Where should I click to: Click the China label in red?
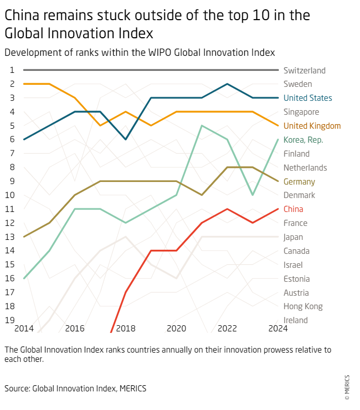point(293,209)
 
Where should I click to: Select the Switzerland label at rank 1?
point(304,70)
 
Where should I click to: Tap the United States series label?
point(308,98)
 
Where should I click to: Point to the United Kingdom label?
point(312,126)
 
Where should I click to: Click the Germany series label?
point(299,181)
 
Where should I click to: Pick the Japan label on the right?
point(293,237)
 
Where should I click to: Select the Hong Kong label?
point(303,306)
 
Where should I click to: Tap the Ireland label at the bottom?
point(295,320)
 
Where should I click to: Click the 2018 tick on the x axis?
point(126,328)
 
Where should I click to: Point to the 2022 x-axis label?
point(227,328)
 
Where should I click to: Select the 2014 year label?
point(24,328)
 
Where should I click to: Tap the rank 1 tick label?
point(12,70)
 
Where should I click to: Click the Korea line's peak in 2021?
point(202,126)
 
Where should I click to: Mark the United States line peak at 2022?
point(227,84)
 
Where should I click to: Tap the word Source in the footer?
point(17,387)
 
